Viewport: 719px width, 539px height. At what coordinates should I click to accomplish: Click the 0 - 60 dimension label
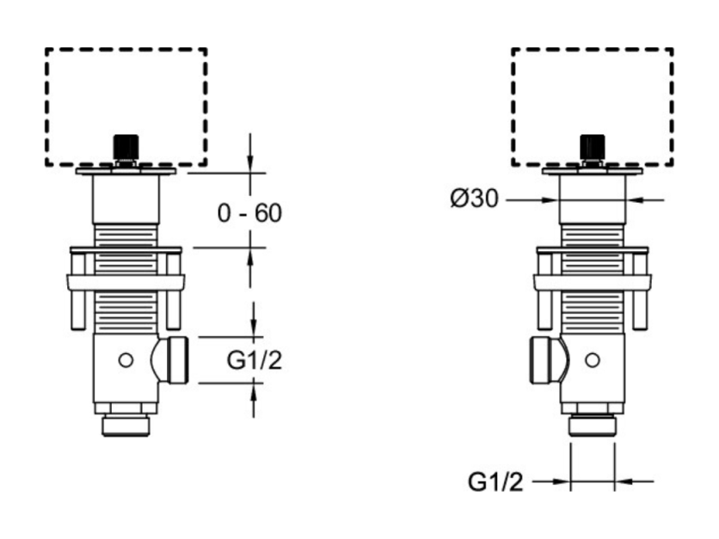tap(249, 213)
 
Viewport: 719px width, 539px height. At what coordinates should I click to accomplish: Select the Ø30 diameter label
tap(474, 199)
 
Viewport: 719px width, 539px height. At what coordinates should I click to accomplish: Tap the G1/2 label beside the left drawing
tap(254, 360)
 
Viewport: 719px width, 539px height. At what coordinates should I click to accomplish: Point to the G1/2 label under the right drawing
tap(495, 481)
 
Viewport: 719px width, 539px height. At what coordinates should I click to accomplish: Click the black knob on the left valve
tap(126, 146)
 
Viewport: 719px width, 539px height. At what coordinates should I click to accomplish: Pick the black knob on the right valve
tap(593, 146)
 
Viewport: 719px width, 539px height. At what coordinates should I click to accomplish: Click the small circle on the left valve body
tap(126, 360)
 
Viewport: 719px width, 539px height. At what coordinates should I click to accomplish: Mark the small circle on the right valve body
tap(593, 360)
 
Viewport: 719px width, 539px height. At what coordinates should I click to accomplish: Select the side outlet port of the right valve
tap(549, 360)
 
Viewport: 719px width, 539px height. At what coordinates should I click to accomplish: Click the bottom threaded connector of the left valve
tap(126, 426)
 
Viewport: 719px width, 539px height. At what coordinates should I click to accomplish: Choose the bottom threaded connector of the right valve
tap(593, 426)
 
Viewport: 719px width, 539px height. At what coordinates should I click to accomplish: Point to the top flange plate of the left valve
tap(126, 171)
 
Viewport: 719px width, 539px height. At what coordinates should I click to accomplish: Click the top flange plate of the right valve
tap(593, 171)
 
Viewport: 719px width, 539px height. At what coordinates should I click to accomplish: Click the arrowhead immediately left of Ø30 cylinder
tap(550, 199)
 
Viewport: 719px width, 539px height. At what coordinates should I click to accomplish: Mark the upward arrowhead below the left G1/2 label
tap(254, 391)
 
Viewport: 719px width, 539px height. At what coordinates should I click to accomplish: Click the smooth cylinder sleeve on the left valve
tap(126, 199)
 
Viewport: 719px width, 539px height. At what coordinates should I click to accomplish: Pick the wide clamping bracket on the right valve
tap(593, 282)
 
